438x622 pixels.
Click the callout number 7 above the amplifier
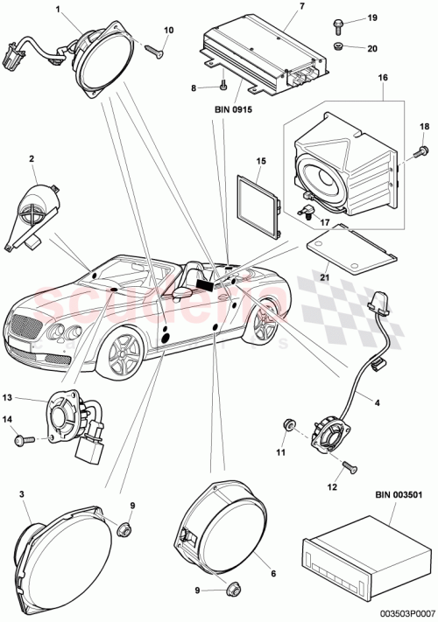point(278,8)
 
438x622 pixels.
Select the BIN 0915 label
point(232,111)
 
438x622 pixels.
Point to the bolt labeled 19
point(338,21)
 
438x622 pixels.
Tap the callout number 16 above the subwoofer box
point(383,78)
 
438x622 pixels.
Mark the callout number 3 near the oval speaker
point(21,495)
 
